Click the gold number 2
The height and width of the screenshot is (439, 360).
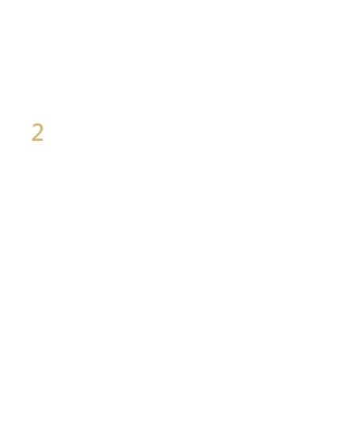37,132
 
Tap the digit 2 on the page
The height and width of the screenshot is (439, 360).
37,132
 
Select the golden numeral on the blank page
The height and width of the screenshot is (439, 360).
37,132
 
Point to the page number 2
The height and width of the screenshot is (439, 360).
37,132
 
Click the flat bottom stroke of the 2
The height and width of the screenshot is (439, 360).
37,140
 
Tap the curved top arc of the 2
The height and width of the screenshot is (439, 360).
37,124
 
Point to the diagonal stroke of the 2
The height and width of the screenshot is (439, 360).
37,135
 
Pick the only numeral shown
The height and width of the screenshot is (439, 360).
37,132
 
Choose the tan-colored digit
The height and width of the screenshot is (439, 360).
37,132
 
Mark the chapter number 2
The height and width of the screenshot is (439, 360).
37,132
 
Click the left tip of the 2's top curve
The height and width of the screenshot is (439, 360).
32,127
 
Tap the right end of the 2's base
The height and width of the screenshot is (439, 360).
44,140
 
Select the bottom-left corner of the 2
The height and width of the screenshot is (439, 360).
32,141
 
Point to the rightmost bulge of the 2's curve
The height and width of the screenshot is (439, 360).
42,128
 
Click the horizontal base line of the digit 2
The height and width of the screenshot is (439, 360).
37,140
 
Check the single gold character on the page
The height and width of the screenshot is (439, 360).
37,132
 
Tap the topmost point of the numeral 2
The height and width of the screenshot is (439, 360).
37,123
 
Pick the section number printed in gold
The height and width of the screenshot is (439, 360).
37,132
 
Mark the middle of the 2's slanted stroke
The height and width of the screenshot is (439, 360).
37,135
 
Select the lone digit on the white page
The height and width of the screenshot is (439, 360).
37,132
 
